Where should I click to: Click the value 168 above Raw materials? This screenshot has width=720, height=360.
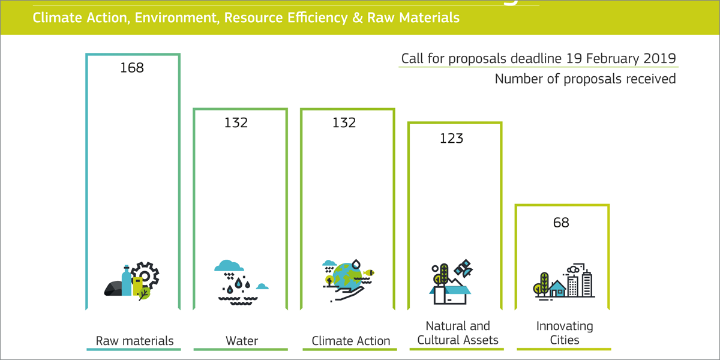(132, 68)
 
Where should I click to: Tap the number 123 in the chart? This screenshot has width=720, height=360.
(451, 139)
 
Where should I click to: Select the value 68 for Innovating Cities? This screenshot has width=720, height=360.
(561, 223)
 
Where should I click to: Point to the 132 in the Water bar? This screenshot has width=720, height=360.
(236, 123)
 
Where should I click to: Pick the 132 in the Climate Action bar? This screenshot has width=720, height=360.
(344, 123)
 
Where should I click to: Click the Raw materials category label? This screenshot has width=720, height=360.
(134, 341)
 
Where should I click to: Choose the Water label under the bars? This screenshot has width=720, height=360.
(242, 341)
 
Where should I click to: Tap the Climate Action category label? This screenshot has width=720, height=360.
(350, 341)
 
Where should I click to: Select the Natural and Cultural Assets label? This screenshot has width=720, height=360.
(458, 333)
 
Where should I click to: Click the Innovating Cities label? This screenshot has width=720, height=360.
(565, 333)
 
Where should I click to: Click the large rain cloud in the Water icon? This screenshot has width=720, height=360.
(229, 265)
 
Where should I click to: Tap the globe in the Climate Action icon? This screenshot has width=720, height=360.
(348, 276)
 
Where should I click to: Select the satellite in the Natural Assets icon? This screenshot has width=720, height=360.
(463, 269)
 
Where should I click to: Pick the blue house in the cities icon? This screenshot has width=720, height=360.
(557, 289)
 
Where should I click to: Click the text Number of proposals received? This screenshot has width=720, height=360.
(586, 79)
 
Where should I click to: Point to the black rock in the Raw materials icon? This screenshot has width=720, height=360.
(113, 289)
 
